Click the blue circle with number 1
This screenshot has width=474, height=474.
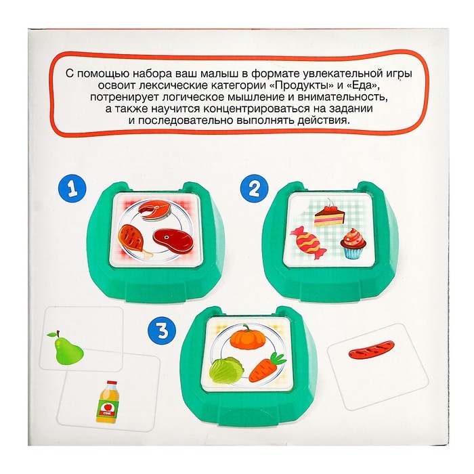click(72, 190)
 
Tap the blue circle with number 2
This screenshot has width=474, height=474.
click(254, 189)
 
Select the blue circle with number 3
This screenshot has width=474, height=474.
click(163, 330)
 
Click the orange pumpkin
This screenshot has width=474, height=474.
click(248, 337)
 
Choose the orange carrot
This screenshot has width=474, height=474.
click(267, 366)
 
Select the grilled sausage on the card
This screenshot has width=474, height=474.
click(372, 349)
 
